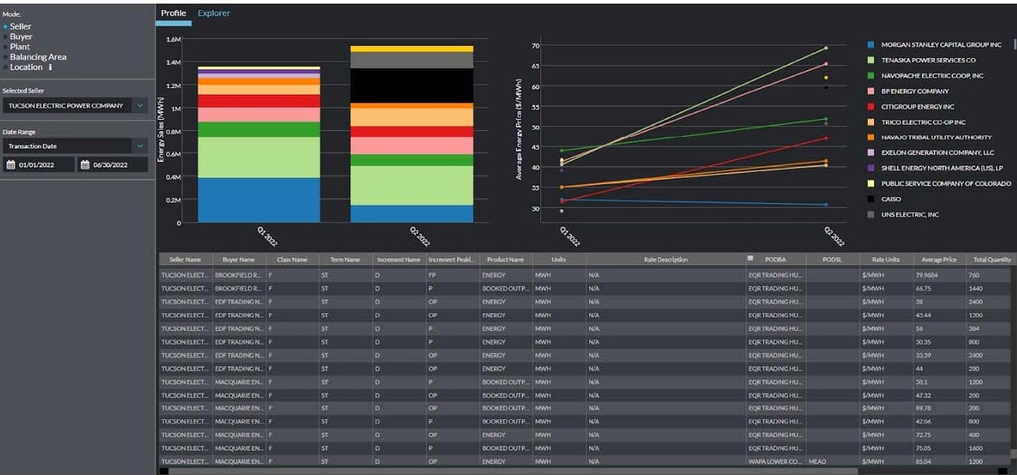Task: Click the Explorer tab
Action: point(214,14)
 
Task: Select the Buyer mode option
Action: point(21,37)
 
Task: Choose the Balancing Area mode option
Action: point(38,57)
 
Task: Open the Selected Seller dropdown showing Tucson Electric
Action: point(75,106)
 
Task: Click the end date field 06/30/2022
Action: point(112,165)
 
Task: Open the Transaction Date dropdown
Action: point(75,146)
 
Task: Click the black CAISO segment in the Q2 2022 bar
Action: point(411,86)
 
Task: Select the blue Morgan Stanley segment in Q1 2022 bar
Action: point(258,199)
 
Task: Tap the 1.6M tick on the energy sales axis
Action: point(173,39)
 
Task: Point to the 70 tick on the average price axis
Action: point(535,46)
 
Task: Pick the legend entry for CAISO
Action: point(890,199)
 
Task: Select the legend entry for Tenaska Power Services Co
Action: point(927,60)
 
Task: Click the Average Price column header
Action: point(939,260)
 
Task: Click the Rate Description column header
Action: point(665,260)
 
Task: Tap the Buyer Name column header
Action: point(239,260)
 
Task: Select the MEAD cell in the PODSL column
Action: point(817,461)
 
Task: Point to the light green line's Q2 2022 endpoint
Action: point(826,48)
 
